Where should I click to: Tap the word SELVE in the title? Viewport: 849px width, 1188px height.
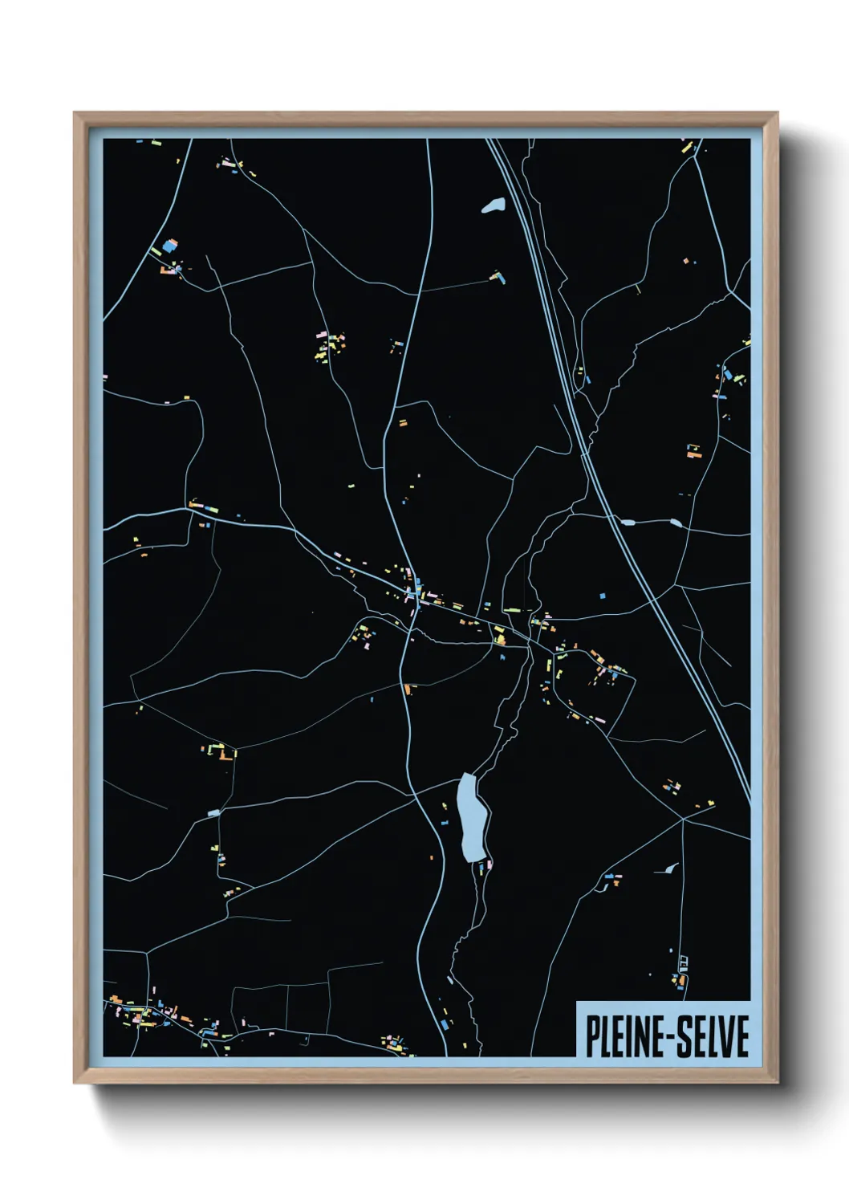[x=709, y=1035]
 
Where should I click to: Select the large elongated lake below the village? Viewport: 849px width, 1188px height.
[x=471, y=816]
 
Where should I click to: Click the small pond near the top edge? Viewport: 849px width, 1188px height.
[x=494, y=206]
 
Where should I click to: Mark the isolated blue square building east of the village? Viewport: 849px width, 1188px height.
[x=602, y=596]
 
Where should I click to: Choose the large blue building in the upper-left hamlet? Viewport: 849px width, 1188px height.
[x=169, y=245]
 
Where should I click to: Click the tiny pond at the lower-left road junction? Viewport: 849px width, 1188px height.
[x=213, y=813]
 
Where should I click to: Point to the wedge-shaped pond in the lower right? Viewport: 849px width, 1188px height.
[x=668, y=868]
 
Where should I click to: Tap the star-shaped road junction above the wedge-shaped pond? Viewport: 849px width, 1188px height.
[x=682, y=819]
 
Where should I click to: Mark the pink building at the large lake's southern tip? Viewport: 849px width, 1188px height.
[x=489, y=864]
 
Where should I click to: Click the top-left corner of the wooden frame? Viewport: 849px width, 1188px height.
[x=75, y=113]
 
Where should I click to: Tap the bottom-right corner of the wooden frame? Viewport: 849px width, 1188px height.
[x=777, y=1083]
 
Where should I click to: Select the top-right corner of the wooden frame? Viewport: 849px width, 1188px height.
[x=777, y=113]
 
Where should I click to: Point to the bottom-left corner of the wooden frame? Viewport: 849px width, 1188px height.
[x=75, y=1083]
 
